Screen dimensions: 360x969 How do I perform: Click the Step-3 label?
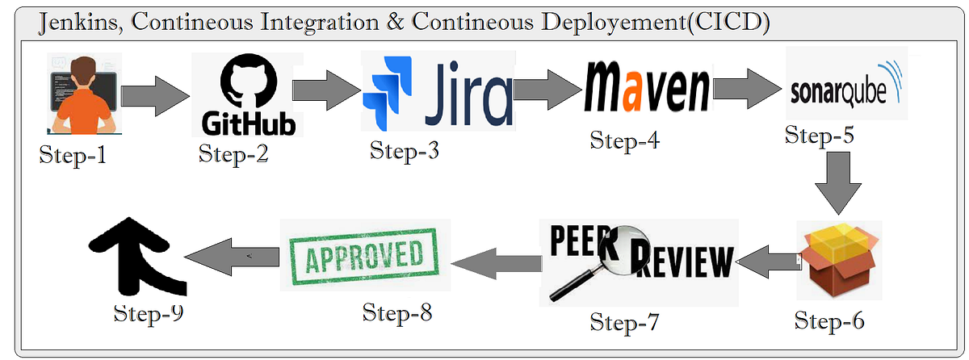tap(405, 150)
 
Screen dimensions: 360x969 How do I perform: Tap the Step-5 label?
tap(819, 136)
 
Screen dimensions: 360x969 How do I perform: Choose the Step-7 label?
tap(624, 323)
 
